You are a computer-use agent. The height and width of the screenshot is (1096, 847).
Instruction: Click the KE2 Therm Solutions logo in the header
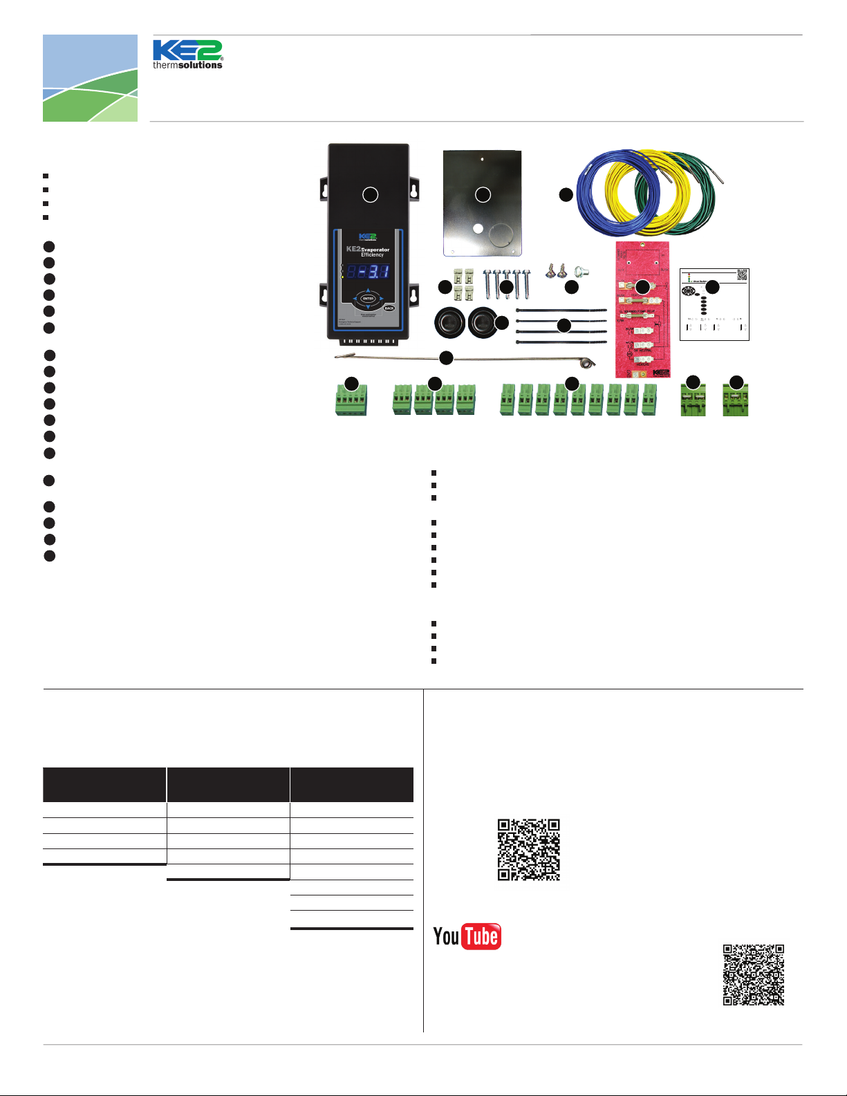click(187, 55)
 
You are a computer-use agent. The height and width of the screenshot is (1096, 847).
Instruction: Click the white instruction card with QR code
click(714, 304)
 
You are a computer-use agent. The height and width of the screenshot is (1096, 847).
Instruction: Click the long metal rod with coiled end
click(463, 359)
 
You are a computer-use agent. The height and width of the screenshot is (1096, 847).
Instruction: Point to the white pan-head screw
click(581, 272)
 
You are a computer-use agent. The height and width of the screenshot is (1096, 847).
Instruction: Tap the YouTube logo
click(467, 936)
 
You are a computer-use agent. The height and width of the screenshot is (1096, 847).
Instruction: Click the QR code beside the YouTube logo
click(528, 849)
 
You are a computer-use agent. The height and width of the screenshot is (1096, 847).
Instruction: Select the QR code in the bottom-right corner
click(754, 974)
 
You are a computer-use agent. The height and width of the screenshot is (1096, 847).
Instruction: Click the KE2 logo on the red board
click(661, 373)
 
